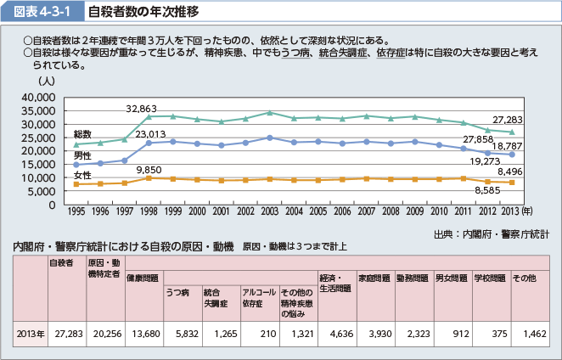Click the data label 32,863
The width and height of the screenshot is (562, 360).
[x=142, y=110]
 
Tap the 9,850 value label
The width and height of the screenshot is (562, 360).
[x=148, y=170]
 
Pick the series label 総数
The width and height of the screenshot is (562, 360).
[x=82, y=135]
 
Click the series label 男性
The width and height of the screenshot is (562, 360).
[x=82, y=156]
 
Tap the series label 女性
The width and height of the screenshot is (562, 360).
[x=82, y=176]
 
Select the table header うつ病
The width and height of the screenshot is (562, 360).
[x=177, y=291]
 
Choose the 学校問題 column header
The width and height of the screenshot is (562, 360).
[x=489, y=278]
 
